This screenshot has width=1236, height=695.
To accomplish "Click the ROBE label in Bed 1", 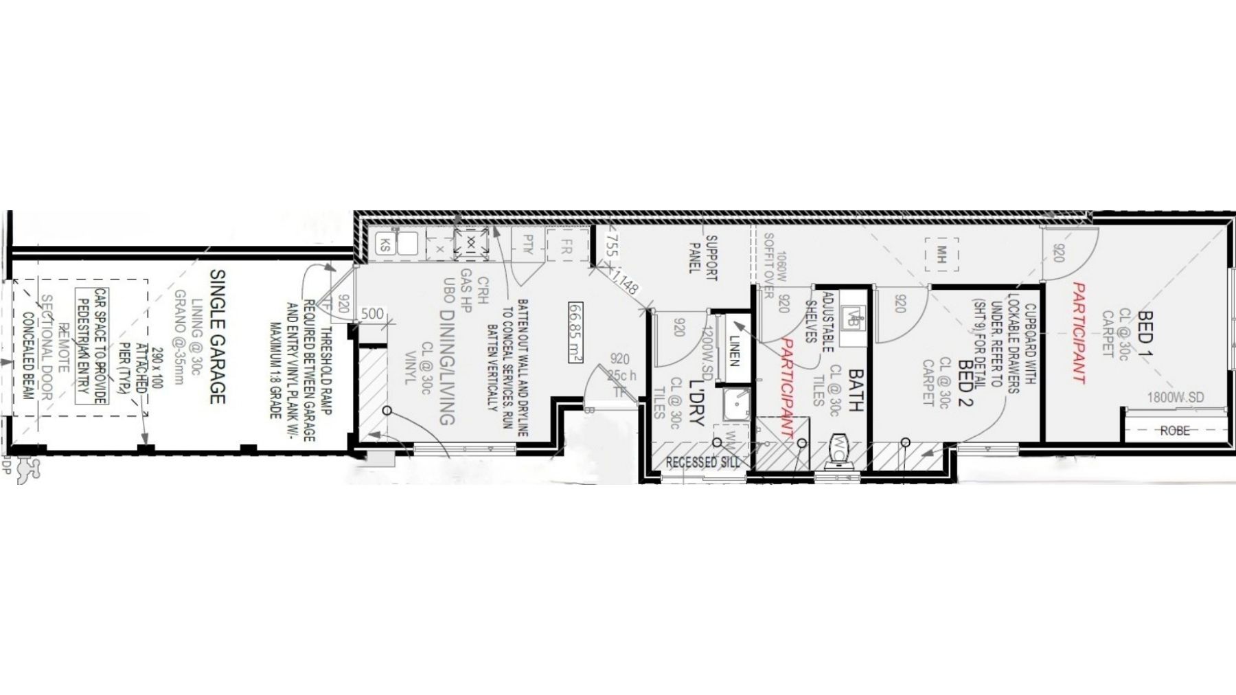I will tap(1175, 431).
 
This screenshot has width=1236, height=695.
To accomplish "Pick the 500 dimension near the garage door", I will tap(371, 314).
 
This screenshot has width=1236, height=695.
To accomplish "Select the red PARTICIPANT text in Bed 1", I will tap(1079, 332).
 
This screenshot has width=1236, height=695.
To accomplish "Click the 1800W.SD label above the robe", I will tap(1175, 398).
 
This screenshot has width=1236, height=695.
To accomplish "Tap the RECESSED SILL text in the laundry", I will tap(702, 462).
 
